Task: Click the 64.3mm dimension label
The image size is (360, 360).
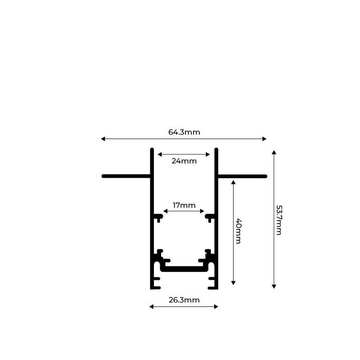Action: click(x=184, y=132)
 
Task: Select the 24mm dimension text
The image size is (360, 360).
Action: click(x=184, y=161)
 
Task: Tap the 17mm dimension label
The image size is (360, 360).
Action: click(x=184, y=205)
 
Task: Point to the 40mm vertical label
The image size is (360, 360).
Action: click(x=238, y=231)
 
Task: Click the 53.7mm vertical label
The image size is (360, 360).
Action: click(x=279, y=220)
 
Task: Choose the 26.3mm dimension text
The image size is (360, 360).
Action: click(x=184, y=300)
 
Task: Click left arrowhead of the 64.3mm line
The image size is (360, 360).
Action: click(x=103, y=139)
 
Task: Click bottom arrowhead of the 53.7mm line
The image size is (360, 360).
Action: click(x=274, y=286)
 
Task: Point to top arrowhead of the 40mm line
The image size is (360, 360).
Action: click(x=233, y=182)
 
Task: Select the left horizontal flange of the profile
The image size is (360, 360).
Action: click(x=126, y=176)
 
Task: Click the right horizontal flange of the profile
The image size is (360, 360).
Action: click(x=242, y=176)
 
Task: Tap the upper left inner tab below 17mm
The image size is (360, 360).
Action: click(x=158, y=217)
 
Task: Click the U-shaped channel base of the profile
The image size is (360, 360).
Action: click(x=184, y=269)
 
